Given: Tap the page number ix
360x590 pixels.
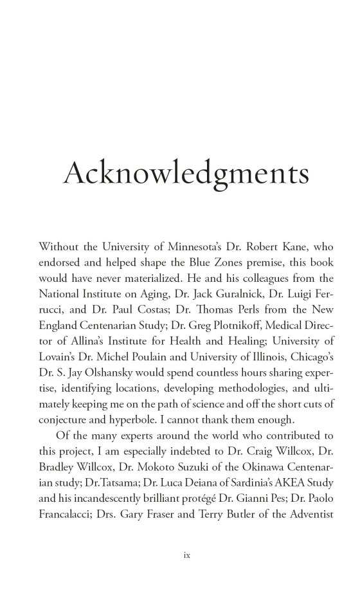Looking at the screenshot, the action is (179, 553).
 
